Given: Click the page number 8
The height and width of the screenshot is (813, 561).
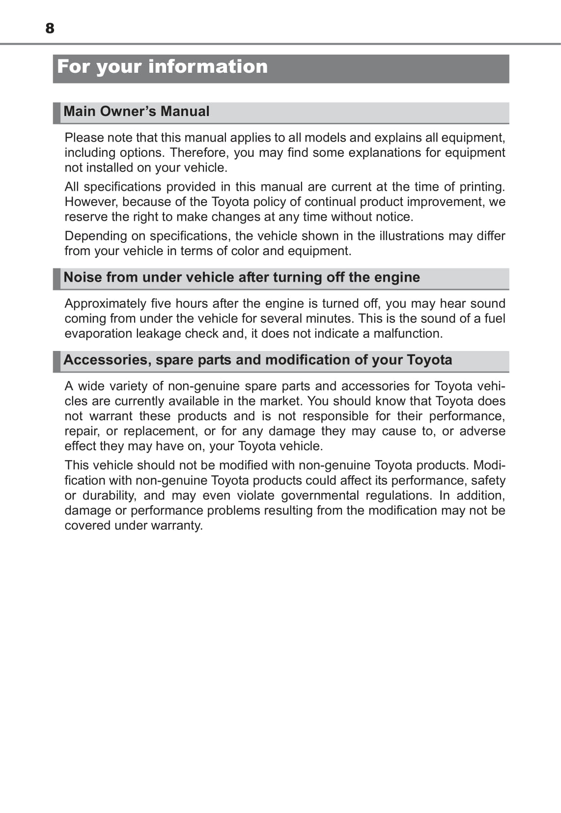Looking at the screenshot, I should (50, 29).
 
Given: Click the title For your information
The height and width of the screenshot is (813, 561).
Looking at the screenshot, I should (162, 67).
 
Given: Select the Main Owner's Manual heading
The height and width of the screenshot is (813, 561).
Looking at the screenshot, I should (137, 112).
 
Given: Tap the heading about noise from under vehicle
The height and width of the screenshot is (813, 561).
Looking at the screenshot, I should (242, 277).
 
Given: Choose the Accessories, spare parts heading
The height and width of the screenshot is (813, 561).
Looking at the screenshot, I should (258, 360).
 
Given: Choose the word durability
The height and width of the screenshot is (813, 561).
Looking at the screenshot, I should (109, 495).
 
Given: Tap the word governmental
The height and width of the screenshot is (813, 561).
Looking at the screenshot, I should (319, 495).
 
